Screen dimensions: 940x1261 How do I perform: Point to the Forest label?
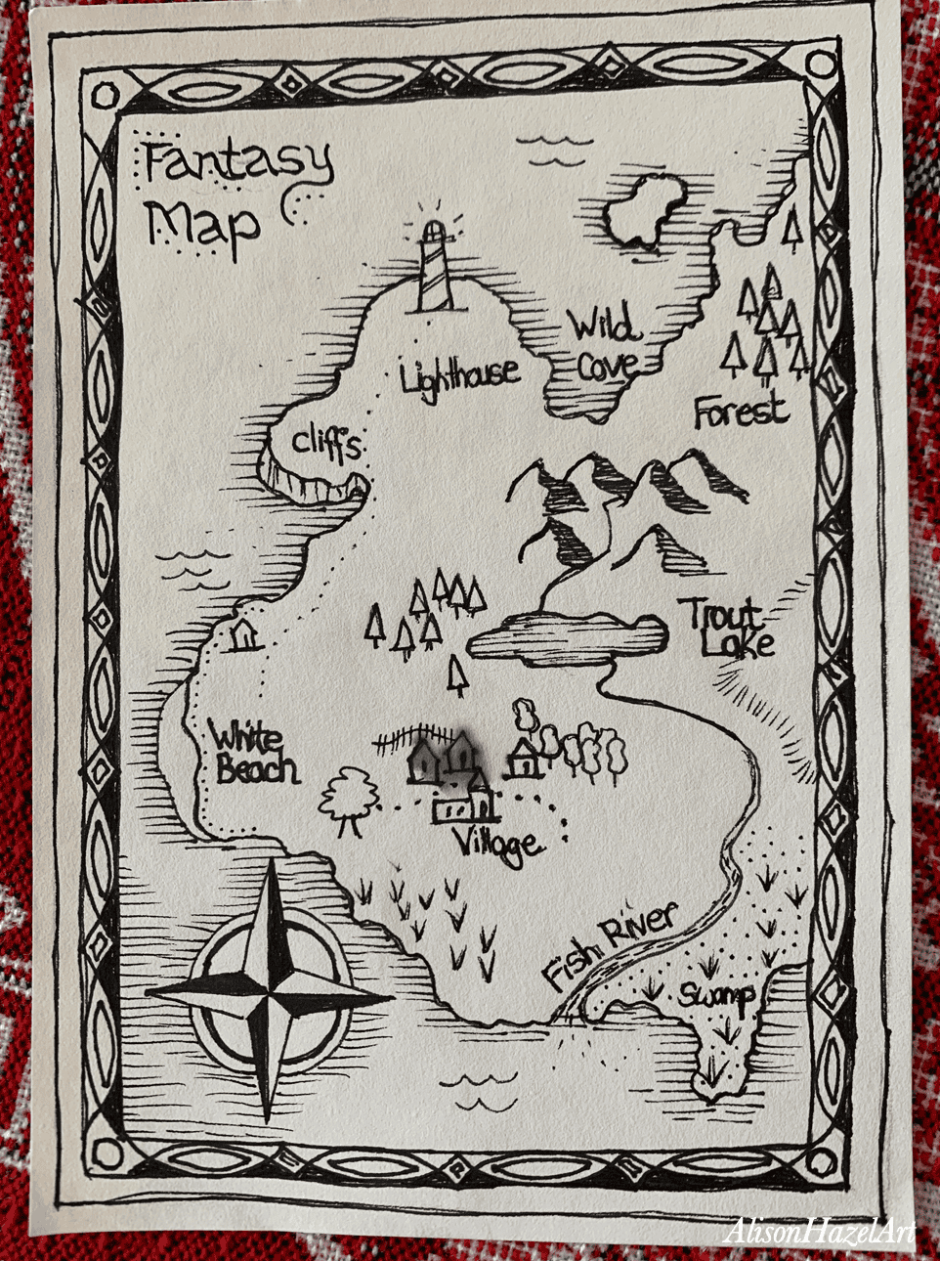coord(740,411)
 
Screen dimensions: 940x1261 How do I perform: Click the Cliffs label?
coord(326,444)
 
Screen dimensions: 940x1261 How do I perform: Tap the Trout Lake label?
coord(727,628)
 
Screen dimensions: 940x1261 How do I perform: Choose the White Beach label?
coord(252,755)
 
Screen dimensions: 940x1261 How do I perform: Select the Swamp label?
coord(717,995)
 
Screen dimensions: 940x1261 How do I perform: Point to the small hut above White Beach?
coord(242,634)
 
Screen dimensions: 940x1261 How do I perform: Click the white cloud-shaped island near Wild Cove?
coord(639,210)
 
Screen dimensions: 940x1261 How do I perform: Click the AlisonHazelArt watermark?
coord(819,1231)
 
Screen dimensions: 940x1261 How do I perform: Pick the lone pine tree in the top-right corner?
coord(792,228)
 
